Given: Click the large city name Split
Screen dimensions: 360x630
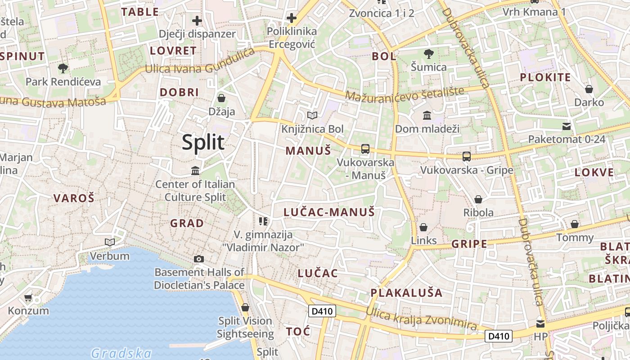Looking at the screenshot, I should click(x=203, y=142).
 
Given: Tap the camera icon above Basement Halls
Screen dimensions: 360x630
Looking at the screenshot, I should click(x=198, y=259).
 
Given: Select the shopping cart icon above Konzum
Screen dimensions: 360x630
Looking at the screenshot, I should click(x=28, y=297).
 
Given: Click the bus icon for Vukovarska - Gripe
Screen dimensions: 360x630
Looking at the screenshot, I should click(x=467, y=157).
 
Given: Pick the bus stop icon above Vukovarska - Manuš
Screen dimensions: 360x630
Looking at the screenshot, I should click(x=365, y=149).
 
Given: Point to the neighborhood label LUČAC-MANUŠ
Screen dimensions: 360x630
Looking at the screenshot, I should click(x=329, y=212).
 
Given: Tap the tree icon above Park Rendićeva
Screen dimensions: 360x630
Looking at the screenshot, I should click(x=63, y=68).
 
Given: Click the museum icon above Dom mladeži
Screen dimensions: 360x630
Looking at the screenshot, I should click(x=427, y=116).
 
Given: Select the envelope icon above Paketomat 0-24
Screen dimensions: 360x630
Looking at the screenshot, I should click(x=567, y=126).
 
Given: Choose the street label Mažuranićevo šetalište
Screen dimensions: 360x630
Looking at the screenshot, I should click(x=405, y=94).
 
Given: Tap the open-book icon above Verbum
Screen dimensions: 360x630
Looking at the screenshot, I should click(x=109, y=243).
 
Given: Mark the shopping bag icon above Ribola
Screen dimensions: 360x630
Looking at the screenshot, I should click(x=478, y=199).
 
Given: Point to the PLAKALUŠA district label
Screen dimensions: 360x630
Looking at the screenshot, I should click(x=406, y=292).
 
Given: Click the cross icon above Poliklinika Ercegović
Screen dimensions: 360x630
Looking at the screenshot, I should click(x=292, y=18).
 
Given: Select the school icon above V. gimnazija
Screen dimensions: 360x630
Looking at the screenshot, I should click(x=263, y=221).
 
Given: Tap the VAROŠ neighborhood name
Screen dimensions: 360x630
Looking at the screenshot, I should click(x=74, y=198).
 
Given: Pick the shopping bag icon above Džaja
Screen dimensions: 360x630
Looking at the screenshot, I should click(x=221, y=98).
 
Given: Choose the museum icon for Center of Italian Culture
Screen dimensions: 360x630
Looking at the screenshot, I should click(x=195, y=171).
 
